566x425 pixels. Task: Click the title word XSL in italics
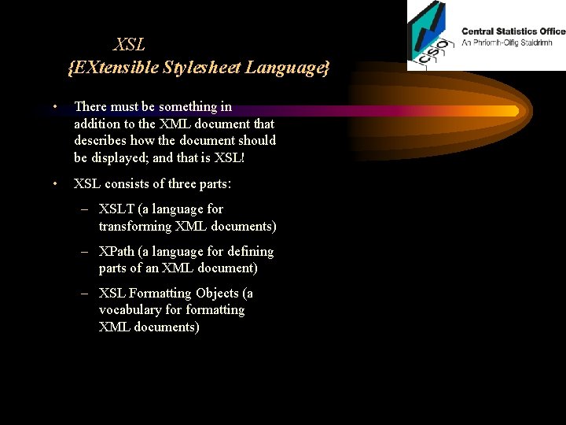pyautogui.click(x=130, y=45)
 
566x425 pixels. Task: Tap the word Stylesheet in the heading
pyautogui.click(x=200, y=68)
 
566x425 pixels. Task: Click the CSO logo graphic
pyautogui.click(x=429, y=35)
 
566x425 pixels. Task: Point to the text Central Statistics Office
pyautogui.click(x=513, y=31)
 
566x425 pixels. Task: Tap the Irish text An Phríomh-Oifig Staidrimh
pyautogui.click(x=513, y=42)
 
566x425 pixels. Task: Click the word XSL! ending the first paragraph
pyautogui.click(x=230, y=157)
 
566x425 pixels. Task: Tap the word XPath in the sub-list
pyautogui.click(x=117, y=252)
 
